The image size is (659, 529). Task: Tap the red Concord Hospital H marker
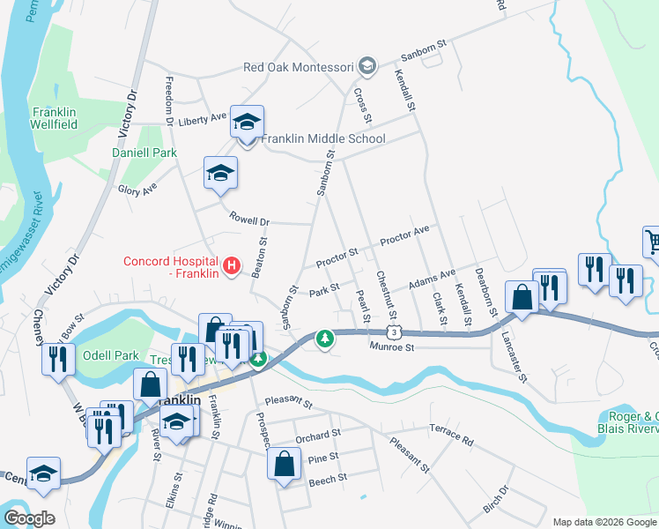[x=232, y=264]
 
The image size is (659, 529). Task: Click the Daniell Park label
[x=144, y=153]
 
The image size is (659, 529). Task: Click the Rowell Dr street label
[x=248, y=218]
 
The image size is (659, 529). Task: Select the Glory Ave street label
[x=137, y=189]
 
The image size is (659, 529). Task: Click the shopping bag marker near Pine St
[x=285, y=466]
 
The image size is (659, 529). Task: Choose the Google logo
[x=28, y=518]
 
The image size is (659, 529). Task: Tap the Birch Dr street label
[x=497, y=499]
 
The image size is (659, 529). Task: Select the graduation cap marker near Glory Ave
[x=220, y=173]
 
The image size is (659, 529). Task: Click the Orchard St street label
[x=317, y=436]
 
